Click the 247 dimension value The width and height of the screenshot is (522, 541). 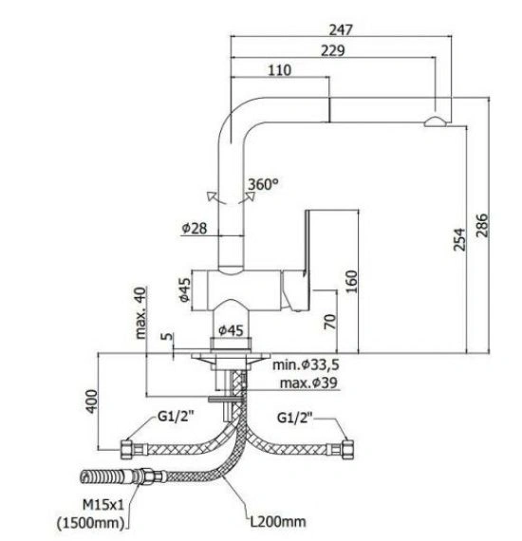[x=341, y=29]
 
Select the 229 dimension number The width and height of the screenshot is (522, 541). [x=333, y=50]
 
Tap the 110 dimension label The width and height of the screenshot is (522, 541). [x=279, y=70]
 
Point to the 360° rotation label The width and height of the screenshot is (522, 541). [x=263, y=184]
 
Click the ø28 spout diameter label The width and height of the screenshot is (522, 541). [x=195, y=228]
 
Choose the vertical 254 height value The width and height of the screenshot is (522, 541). [x=459, y=239]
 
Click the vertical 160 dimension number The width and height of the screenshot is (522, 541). [x=351, y=282]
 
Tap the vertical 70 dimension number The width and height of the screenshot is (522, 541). [x=330, y=322]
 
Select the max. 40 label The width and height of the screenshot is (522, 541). [x=140, y=313]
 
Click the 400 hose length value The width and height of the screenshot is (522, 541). [x=91, y=401]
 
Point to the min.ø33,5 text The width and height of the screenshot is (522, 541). [x=306, y=364]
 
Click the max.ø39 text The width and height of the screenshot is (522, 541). [x=308, y=383]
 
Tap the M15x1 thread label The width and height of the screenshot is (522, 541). [x=103, y=505]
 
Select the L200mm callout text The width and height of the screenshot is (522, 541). [x=278, y=522]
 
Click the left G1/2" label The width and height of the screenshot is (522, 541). [x=176, y=417]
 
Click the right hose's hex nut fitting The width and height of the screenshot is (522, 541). [x=347, y=449]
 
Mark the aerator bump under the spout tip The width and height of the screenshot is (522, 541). [x=436, y=121]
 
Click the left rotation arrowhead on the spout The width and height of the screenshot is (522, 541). [x=211, y=196]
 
